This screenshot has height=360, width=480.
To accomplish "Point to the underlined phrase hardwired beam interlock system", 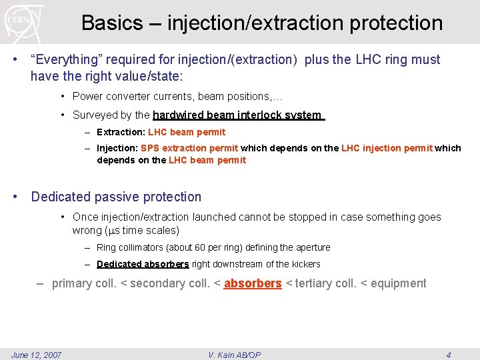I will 237,115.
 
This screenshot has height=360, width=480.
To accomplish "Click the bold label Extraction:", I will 121,132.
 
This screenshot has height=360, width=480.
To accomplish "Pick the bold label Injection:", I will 117,148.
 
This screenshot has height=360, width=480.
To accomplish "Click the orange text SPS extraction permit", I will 189,148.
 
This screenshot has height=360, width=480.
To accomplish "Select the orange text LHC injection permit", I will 387,148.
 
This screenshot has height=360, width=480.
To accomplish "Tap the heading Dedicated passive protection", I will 116,197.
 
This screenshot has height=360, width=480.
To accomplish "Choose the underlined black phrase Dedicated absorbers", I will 143,264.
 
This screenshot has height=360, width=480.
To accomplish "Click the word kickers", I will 306,264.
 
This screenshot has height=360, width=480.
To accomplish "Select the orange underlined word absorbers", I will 253,283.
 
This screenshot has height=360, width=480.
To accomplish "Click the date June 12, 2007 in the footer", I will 36,355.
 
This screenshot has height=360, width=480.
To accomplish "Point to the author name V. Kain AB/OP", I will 235,355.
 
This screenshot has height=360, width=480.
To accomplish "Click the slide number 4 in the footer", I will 448,355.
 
